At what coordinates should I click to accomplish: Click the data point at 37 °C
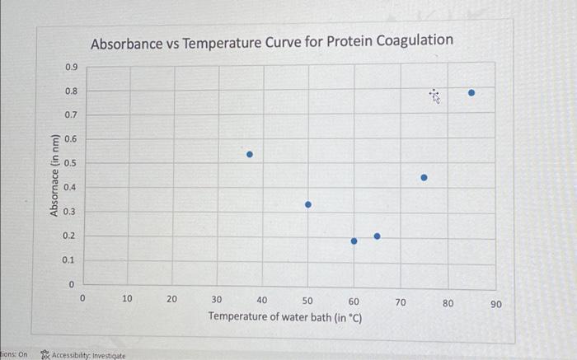pos(251,154)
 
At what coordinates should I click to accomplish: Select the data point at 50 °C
pos(308,204)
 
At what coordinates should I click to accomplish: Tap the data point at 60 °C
pos(354,241)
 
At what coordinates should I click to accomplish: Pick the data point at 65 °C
pos(378,236)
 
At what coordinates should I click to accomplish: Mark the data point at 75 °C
pos(425,177)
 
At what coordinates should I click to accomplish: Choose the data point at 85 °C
pos(471,93)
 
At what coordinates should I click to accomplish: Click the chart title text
pos(272,40)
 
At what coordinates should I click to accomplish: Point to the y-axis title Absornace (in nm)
pos(54,175)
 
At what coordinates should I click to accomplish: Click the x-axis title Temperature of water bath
pos(285,316)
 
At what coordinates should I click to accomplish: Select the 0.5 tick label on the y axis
pos(72,163)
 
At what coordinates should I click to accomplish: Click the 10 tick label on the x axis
pos(127,300)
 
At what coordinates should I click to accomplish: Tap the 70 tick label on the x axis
pos(401,302)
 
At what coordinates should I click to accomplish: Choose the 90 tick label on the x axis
pos(495,305)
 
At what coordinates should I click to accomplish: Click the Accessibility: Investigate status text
pos(89,355)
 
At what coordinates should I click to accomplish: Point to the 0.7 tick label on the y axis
pos(72,115)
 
